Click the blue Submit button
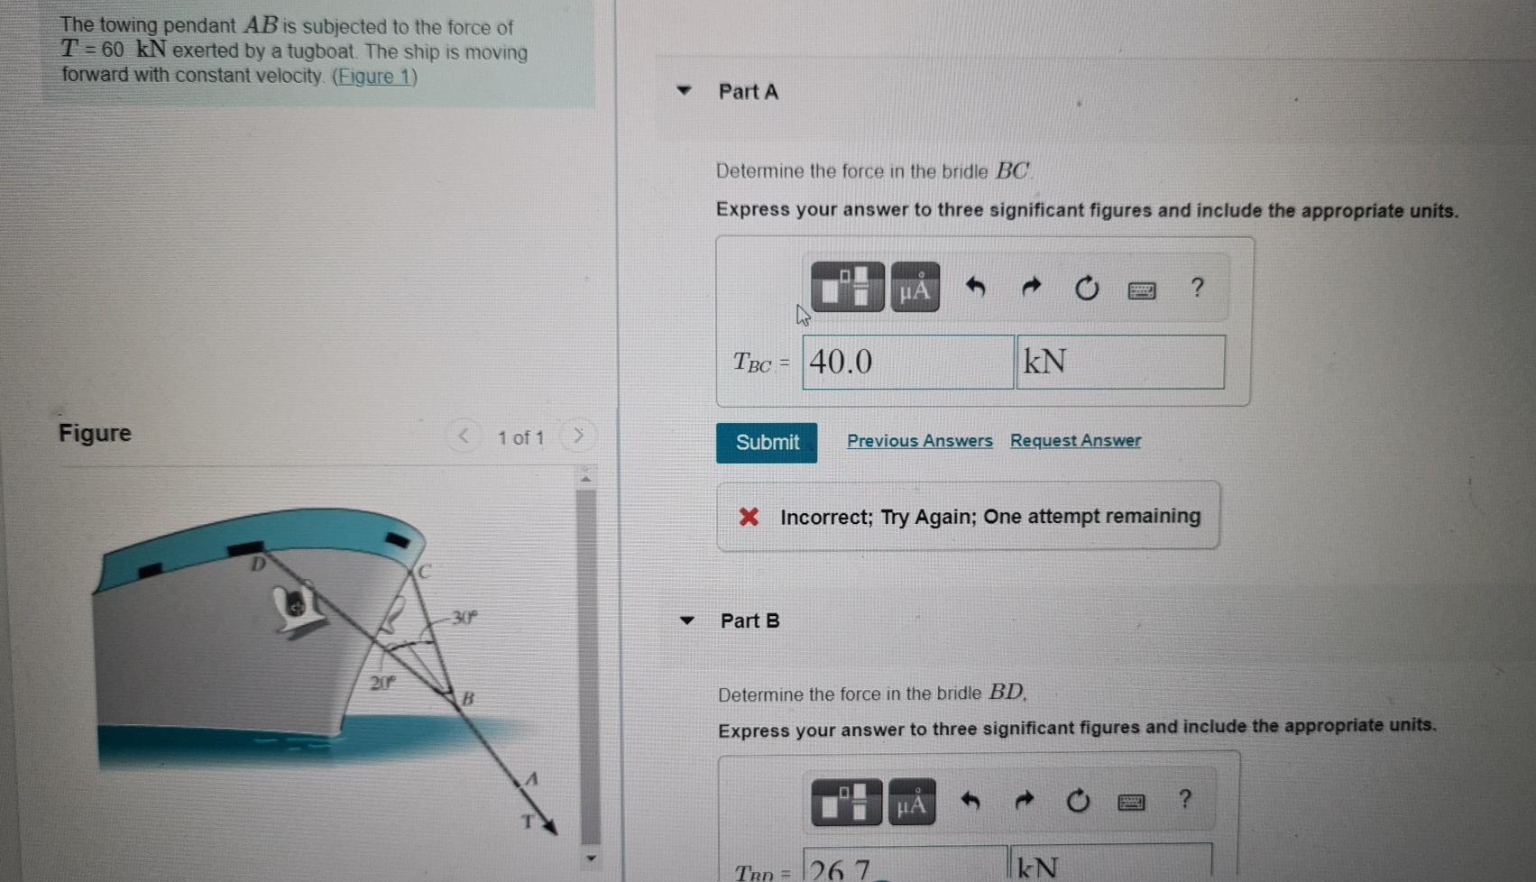767,443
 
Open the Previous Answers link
919,441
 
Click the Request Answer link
1075,441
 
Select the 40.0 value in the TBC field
842,363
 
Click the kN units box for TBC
1119,363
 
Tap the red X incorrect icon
749,517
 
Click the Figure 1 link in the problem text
374,77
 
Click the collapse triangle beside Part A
685,91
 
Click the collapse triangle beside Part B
687,620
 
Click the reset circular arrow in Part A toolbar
1087,289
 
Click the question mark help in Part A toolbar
1197,288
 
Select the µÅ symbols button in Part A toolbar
915,289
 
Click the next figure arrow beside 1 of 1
578,436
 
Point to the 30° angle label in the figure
465,618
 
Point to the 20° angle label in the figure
382,683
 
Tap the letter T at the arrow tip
529,822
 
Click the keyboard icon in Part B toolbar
1131,802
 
